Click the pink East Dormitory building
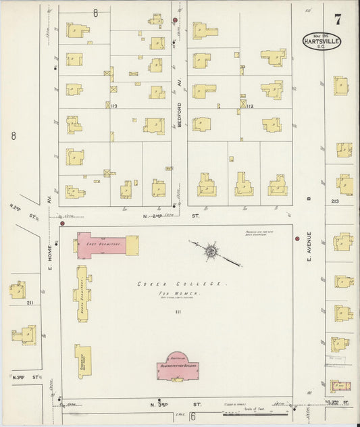pyautogui.click(x=101, y=244)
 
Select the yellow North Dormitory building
pyautogui.click(x=82, y=293)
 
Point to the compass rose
pyautogui.click(x=211, y=251)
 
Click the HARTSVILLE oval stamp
pyautogui.click(x=322, y=41)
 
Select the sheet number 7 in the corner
pyautogui.click(x=337, y=18)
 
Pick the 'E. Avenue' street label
pyautogui.click(x=308, y=247)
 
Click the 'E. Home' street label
pyautogui.click(x=50, y=254)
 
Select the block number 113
pyautogui.click(x=113, y=106)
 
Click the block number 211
pyautogui.click(x=29, y=303)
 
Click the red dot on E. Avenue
pyautogui.click(x=297, y=239)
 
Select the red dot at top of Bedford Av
pyautogui.click(x=175, y=20)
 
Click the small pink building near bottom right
pyautogui.click(x=340, y=386)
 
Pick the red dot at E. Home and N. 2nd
pyautogui.click(x=62, y=222)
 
